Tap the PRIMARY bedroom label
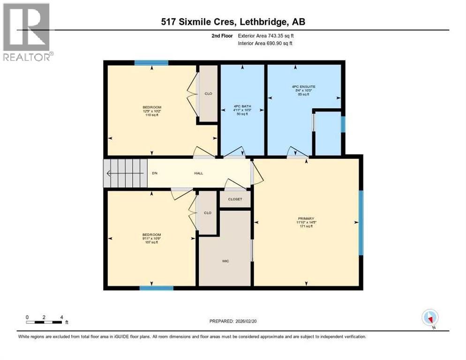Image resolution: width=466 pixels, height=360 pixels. (x=306, y=218)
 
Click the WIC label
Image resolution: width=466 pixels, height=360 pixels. (x=225, y=261)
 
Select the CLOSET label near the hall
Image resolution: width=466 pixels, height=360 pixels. (x=235, y=199)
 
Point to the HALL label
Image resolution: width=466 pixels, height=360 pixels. (x=199, y=173)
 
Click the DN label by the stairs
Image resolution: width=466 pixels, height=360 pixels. (x=154, y=173)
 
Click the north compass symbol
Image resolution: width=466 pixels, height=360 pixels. (x=429, y=318)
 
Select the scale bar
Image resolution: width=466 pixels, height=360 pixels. (x=44, y=322)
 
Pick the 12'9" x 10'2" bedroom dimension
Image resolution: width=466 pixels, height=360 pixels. (x=152, y=112)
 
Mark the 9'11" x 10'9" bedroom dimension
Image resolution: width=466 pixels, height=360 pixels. (x=151, y=239)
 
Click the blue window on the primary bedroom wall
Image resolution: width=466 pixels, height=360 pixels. (x=361, y=223)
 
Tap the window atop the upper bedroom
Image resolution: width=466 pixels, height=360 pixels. (x=151, y=63)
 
